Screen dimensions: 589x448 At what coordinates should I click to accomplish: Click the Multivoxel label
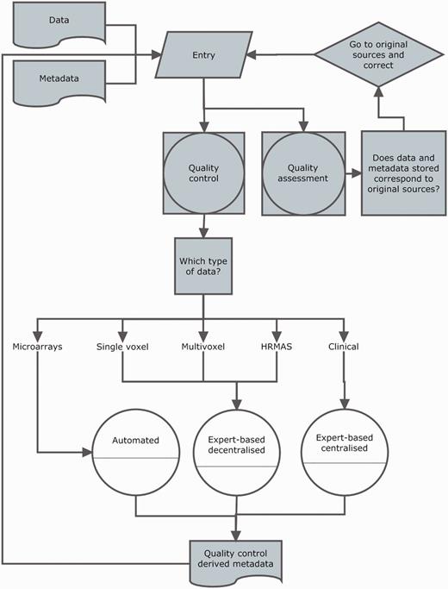click(x=203, y=348)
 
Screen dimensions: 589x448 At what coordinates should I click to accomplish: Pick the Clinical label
click(x=344, y=348)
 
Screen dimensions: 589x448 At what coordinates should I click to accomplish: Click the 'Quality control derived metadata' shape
click(x=237, y=560)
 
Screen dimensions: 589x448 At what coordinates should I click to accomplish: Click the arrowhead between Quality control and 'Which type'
click(x=203, y=231)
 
